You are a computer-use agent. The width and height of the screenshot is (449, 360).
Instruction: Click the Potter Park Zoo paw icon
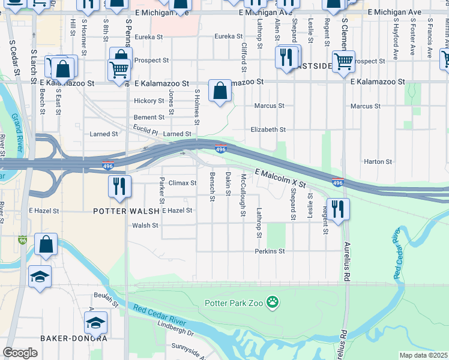point(274,302)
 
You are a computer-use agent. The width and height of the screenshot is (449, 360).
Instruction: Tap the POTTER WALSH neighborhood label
point(127,211)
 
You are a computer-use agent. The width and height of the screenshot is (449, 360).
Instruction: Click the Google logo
point(20,353)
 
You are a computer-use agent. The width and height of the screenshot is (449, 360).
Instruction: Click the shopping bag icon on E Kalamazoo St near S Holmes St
point(220,91)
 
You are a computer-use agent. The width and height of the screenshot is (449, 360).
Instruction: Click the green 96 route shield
point(23,239)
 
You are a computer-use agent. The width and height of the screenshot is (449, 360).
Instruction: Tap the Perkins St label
point(269,251)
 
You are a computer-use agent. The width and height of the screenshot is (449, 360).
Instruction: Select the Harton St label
point(378,162)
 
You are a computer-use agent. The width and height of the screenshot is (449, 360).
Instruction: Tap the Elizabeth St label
point(268,130)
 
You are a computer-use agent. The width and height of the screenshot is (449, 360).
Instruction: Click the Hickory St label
point(149,101)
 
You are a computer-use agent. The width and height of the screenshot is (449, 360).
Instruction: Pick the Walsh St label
point(145,226)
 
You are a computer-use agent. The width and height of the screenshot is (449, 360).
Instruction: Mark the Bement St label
point(149,118)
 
